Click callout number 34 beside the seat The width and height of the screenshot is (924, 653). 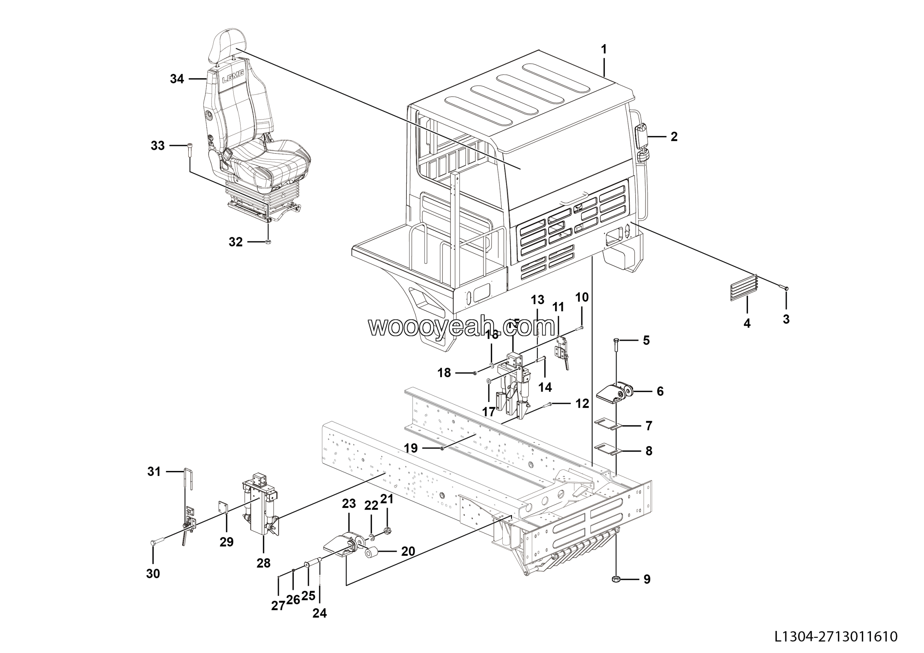[x=176, y=79]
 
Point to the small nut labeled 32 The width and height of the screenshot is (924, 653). [x=269, y=242]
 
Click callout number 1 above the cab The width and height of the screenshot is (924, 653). [x=603, y=49]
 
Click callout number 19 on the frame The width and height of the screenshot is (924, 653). [x=411, y=448]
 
